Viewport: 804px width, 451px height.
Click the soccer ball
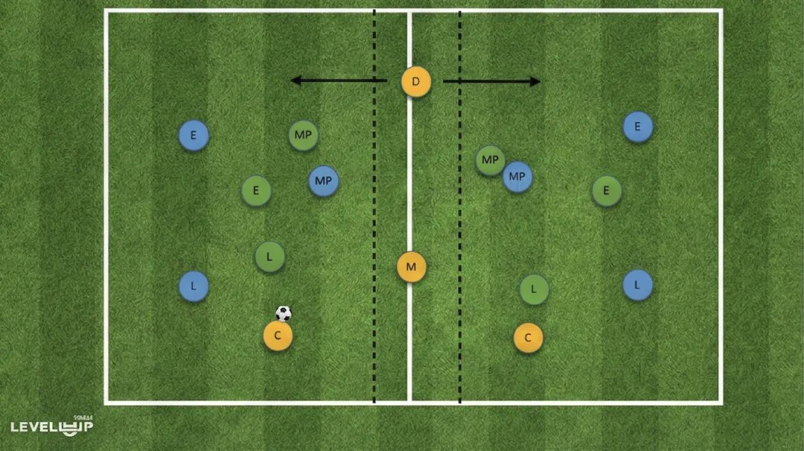pyautogui.click(x=284, y=313)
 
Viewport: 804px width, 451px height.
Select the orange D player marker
pyautogui.click(x=416, y=81)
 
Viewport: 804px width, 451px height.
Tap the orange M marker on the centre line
pyautogui.click(x=411, y=266)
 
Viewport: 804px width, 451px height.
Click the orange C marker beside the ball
pyautogui.click(x=278, y=336)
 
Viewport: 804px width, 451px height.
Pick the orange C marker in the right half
pyautogui.click(x=528, y=338)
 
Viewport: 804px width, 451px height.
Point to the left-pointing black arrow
pyautogui.click(x=339, y=80)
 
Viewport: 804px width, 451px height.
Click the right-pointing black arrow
pyautogui.click(x=491, y=81)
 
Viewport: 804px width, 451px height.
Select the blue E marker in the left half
pyautogui.click(x=194, y=135)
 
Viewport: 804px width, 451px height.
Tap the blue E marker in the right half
pyautogui.click(x=638, y=127)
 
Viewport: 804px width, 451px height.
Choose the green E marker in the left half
pyautogui.click(x=256, y=191)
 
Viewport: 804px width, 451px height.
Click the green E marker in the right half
pyautogui.click(x=607, y=191)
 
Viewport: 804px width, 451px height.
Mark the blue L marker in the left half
pyautogui.click(x=194, y=287)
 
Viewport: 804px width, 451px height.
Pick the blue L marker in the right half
pyautogui.click(x=637, y=284)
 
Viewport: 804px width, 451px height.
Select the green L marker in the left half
pyautogui.click(x=269, y=257)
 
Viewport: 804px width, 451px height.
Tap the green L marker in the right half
pyautogui.click(x=534, y=290)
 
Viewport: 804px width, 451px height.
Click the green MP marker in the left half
pyautogui.click(x=303, y=135)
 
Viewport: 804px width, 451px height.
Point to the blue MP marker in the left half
pyautogui.click(x=323, y=181)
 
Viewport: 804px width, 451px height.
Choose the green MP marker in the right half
pyautogui.click(x=488, y=159)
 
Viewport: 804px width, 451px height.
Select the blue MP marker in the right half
pyautogui.click(x=518, y=177)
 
